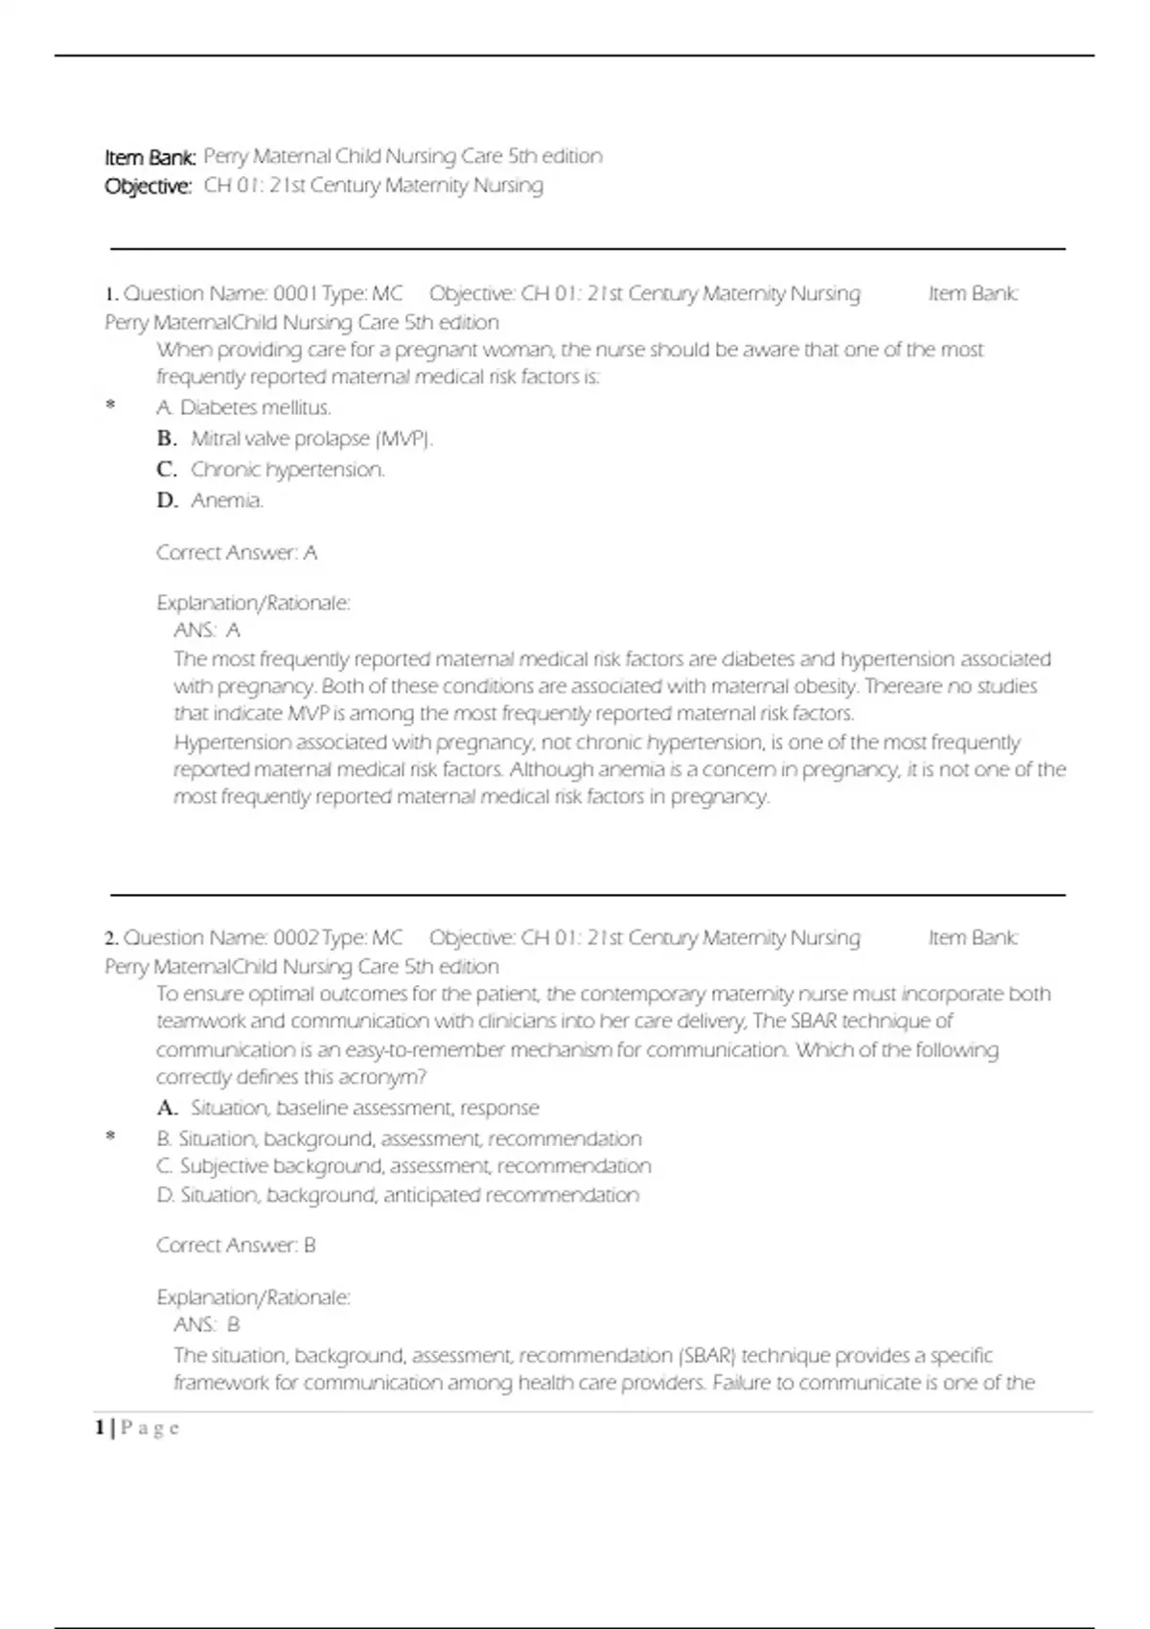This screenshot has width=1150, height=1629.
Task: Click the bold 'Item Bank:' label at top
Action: pos(150,157)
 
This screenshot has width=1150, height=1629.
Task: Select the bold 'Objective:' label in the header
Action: pos(149,186)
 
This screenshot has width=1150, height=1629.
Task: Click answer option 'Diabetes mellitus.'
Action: pos(255,408)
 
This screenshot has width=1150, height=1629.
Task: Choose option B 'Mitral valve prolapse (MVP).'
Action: pos(311,439)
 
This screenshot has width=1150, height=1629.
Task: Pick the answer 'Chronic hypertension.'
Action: pos(287,470)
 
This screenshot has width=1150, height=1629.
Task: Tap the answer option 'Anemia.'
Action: pos(227,500)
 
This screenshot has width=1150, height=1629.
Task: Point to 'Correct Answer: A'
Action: pos(237,553)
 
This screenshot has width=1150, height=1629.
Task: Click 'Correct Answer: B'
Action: pos(236,1246)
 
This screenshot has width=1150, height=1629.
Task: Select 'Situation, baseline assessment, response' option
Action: pos(364,1109)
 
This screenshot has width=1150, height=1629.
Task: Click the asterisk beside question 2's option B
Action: pos(110,1137)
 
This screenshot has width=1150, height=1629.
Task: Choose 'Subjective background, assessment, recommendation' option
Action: pos(415,1166)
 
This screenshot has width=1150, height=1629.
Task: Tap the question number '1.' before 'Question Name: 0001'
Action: pos(111,294)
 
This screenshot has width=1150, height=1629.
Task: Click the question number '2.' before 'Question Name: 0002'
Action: pos(111,938)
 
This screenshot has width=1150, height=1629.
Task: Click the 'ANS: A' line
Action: pos(207,631)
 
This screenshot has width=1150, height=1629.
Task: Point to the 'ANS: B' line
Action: pos(207,1325)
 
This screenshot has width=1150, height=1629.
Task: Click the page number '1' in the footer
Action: pos(100,1428)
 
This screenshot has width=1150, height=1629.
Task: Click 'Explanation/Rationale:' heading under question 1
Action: pos(253,604)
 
